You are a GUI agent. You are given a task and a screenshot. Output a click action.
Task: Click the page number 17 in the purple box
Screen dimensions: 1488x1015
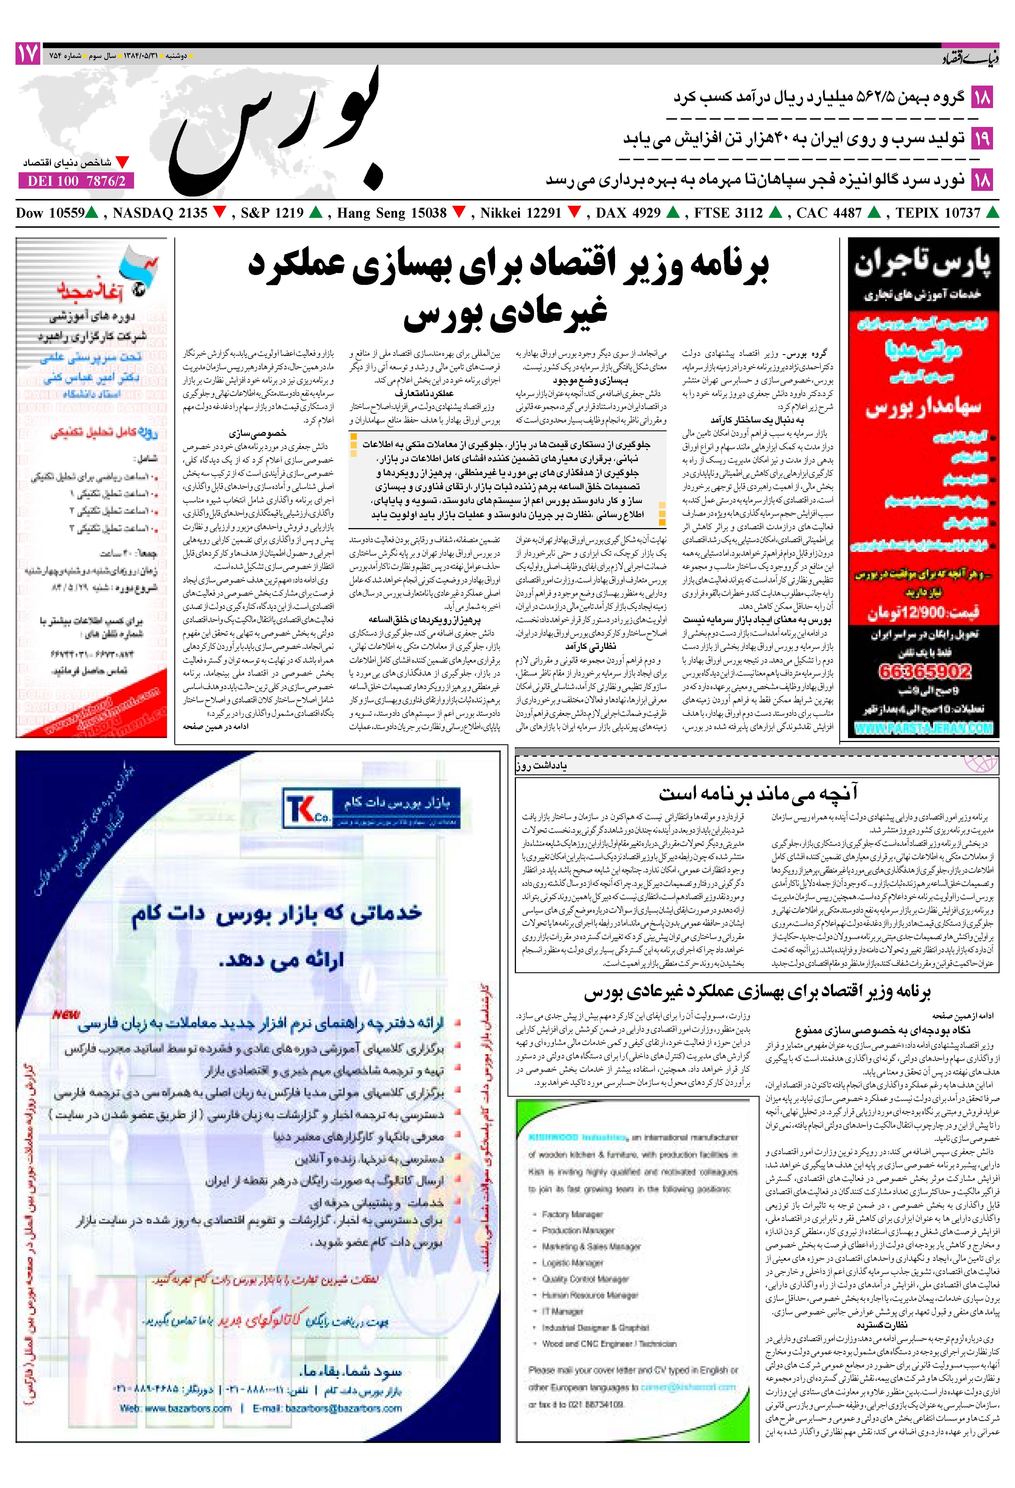point(28,54)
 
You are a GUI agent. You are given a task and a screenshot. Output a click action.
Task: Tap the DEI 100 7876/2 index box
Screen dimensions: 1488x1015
point(77,181)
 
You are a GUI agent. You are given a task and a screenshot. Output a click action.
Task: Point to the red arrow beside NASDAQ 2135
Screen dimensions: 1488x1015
point(220,213)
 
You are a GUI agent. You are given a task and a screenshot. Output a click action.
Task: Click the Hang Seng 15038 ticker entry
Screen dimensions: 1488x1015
point(392,213)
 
